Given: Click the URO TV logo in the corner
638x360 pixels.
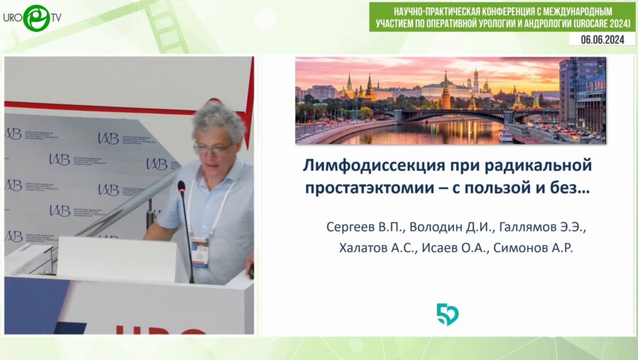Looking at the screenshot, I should click(x=32, y=17).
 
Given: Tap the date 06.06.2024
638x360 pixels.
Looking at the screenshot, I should click(x=602, y=40).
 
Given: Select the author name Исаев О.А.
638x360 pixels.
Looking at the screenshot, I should click(x=454, y=247).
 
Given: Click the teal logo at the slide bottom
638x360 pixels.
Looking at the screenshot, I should click(x=447, y=314).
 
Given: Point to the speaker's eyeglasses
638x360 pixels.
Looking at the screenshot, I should click(x=212, y=150).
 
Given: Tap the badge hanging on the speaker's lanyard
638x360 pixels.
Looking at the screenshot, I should click(x=200, y=252).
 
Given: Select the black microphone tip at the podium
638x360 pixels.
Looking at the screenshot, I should click(x=181, y=188).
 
